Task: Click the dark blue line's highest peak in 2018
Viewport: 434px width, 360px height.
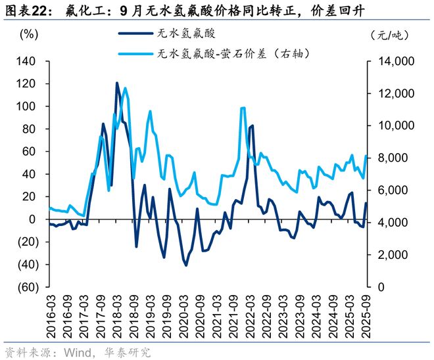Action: coord(117,83)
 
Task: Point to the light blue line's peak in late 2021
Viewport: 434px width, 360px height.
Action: coord(243,108)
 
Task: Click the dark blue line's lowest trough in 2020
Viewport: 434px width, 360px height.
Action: coord(186,265)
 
